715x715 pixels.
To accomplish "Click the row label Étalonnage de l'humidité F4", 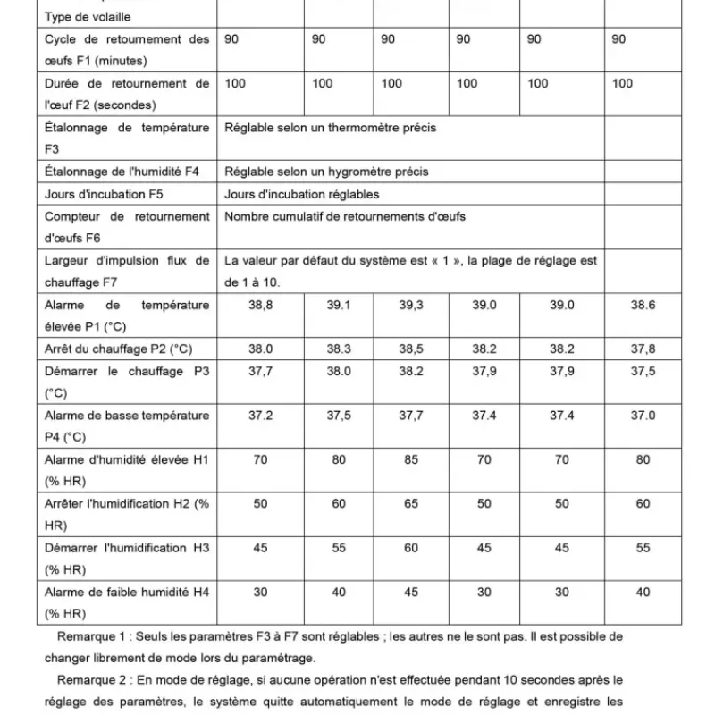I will coord(122,172).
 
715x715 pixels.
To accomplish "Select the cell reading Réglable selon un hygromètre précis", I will coord(326,172).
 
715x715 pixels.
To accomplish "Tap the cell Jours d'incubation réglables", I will coord(302,194).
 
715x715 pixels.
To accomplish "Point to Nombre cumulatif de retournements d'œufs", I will coord(345,216).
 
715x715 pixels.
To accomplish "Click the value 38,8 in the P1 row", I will coord(260,305).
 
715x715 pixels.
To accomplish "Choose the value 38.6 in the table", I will coord(643,305).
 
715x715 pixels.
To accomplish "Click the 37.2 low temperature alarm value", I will coord(260,415).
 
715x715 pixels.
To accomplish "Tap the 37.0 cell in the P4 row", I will coord(643,415).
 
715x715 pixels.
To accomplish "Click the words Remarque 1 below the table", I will coord(93,637).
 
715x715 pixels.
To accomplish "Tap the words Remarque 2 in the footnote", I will coord(93,680).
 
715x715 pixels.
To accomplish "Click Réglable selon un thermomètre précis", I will coord(331,128).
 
